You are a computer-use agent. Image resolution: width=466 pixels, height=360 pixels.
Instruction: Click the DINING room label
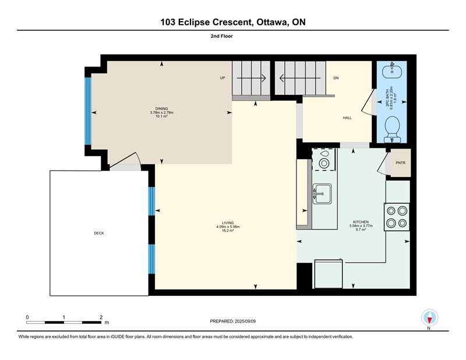point(162,108)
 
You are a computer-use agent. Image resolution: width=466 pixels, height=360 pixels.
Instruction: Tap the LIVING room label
point(228,223)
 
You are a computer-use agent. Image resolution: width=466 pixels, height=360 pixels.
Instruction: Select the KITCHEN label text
point(361,222)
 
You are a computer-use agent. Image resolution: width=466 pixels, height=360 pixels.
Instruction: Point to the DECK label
point(99,234)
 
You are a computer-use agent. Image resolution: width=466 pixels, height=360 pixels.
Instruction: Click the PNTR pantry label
point(401,163)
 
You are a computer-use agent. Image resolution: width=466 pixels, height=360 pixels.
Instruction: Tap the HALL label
point(347,118)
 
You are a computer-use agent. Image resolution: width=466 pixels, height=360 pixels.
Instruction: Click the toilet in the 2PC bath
point(392,129)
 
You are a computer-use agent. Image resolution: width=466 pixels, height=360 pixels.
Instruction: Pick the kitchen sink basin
point(322,194)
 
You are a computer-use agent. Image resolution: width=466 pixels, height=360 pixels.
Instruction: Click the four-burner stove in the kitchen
point(397,217)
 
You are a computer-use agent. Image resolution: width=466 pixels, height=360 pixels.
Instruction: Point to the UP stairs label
point(223,78)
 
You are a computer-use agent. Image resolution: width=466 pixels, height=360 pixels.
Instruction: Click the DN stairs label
point(336,78)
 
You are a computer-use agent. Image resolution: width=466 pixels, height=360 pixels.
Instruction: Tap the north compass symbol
point(429,318)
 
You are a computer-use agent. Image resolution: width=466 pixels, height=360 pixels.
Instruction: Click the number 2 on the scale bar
point(101,317)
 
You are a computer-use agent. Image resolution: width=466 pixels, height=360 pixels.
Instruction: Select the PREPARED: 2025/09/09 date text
point(232,321)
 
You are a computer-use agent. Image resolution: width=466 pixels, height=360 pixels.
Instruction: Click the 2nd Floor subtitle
point(222,36)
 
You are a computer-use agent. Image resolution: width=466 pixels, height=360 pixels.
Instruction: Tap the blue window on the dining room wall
point(88,111)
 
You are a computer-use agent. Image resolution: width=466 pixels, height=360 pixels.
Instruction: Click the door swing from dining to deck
point(125,161)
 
